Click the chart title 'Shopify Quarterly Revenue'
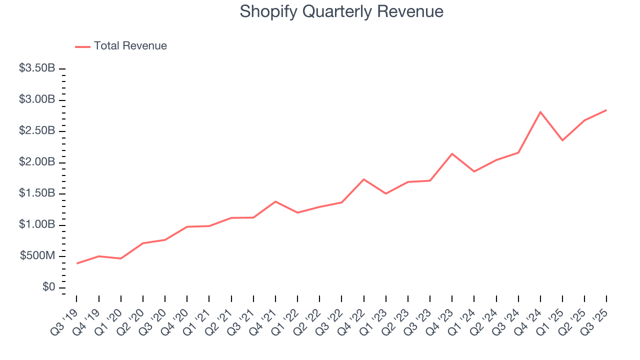341,11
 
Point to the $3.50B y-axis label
37,68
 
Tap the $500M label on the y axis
37,256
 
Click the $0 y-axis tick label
48,287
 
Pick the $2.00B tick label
37,162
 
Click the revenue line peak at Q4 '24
540,112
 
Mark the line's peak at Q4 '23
452,154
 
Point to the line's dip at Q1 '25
562,140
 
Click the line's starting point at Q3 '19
77,263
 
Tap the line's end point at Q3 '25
606,110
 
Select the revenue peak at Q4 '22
363,179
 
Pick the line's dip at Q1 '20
121,258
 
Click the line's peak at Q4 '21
275,201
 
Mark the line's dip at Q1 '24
474,171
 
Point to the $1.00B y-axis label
37,225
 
